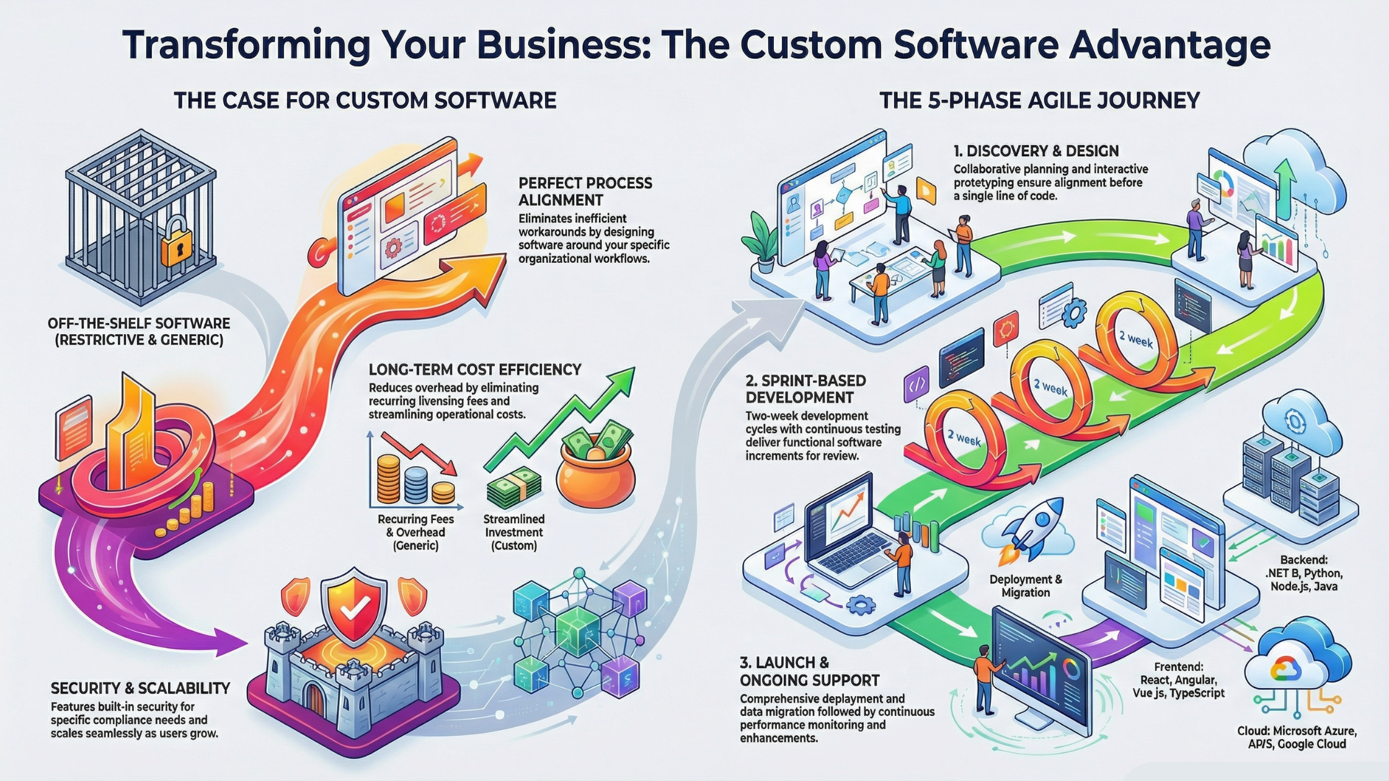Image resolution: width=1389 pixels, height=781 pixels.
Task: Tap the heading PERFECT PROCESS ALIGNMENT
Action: pos(585,192)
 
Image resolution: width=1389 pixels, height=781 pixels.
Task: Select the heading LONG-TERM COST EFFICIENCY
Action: pos(474,370)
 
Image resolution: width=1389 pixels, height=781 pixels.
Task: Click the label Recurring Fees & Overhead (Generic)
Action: pos(415,532)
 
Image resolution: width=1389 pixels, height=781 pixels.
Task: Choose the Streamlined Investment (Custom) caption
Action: pos(514,532)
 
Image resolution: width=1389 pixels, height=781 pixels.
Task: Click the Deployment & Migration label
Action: pos(1026,586)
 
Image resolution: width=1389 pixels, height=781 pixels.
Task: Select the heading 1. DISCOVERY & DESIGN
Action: pos(1036,151)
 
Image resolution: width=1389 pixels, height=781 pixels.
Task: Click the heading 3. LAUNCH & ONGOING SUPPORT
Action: pos(809,671)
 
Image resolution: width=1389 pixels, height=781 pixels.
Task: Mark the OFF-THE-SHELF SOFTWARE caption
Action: pos(139,332)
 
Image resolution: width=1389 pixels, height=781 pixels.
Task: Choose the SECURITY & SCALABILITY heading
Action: pos(140,688)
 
